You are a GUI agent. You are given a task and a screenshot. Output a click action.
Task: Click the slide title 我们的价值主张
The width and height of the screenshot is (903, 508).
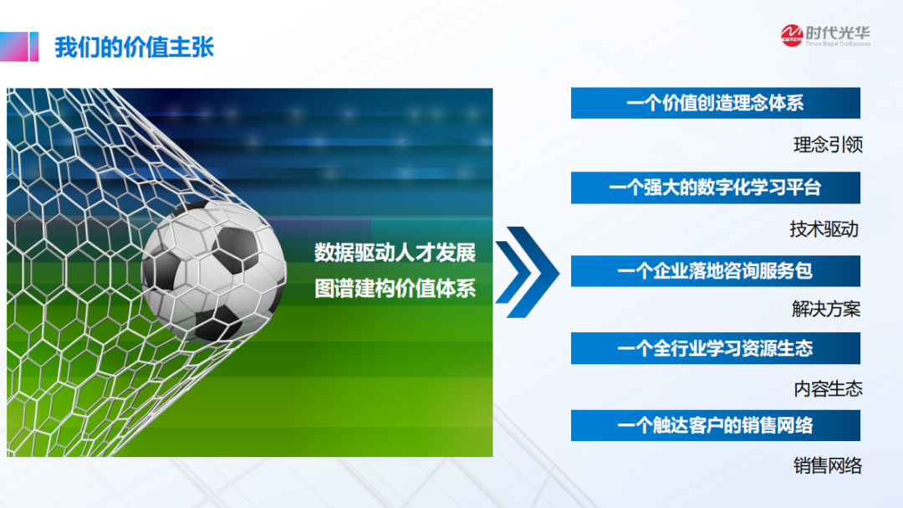click(x=134, y=47)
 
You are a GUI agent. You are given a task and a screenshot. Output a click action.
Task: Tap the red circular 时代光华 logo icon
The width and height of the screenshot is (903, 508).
click(x=792, y=35)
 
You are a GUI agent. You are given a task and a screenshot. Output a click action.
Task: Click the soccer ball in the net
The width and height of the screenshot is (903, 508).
click(x=214, y=272)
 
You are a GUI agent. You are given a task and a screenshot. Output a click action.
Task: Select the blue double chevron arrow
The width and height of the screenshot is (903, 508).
click(x=527, y=272)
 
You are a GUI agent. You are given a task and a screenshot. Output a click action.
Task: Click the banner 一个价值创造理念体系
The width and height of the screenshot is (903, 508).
click(x=715, y=103)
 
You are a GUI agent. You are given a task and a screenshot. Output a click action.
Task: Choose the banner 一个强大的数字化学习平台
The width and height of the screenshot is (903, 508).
click(x=715, y=187)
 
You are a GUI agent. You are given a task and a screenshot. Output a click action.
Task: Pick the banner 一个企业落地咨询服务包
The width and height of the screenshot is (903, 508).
click(x=715, y=271)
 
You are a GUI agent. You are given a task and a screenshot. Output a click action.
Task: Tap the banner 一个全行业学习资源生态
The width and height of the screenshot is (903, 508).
click(x=715, y=348)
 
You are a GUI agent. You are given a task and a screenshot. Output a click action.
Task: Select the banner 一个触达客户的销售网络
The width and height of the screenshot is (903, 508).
click(x=715, y=425)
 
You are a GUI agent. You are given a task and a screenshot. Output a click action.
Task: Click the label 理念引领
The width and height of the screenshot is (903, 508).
click(x=828, y=145)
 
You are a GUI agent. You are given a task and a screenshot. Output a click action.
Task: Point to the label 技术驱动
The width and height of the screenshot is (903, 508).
click(x=824, y=229)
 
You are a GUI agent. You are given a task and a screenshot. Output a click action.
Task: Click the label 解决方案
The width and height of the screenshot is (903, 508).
click(x=826, y=309)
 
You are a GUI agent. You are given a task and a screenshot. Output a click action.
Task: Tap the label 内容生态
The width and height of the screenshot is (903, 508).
click(x=828, y=389)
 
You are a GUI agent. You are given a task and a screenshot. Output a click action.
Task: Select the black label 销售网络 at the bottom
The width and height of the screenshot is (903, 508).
click(x=828, y=466)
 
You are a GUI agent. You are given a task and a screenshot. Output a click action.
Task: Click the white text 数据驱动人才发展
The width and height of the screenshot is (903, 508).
click(x=395, y=253)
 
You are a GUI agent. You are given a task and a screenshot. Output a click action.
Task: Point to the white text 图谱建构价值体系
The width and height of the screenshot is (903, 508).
click(x=395, y=288)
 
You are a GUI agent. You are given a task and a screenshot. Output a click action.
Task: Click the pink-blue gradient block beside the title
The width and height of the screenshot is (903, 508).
click(x=19, y=47)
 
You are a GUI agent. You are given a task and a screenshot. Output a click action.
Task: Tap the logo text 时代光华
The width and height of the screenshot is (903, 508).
click(x=838, y=33)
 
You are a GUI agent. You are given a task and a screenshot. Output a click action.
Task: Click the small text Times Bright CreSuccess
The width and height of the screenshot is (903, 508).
click(x=838, y=44)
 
